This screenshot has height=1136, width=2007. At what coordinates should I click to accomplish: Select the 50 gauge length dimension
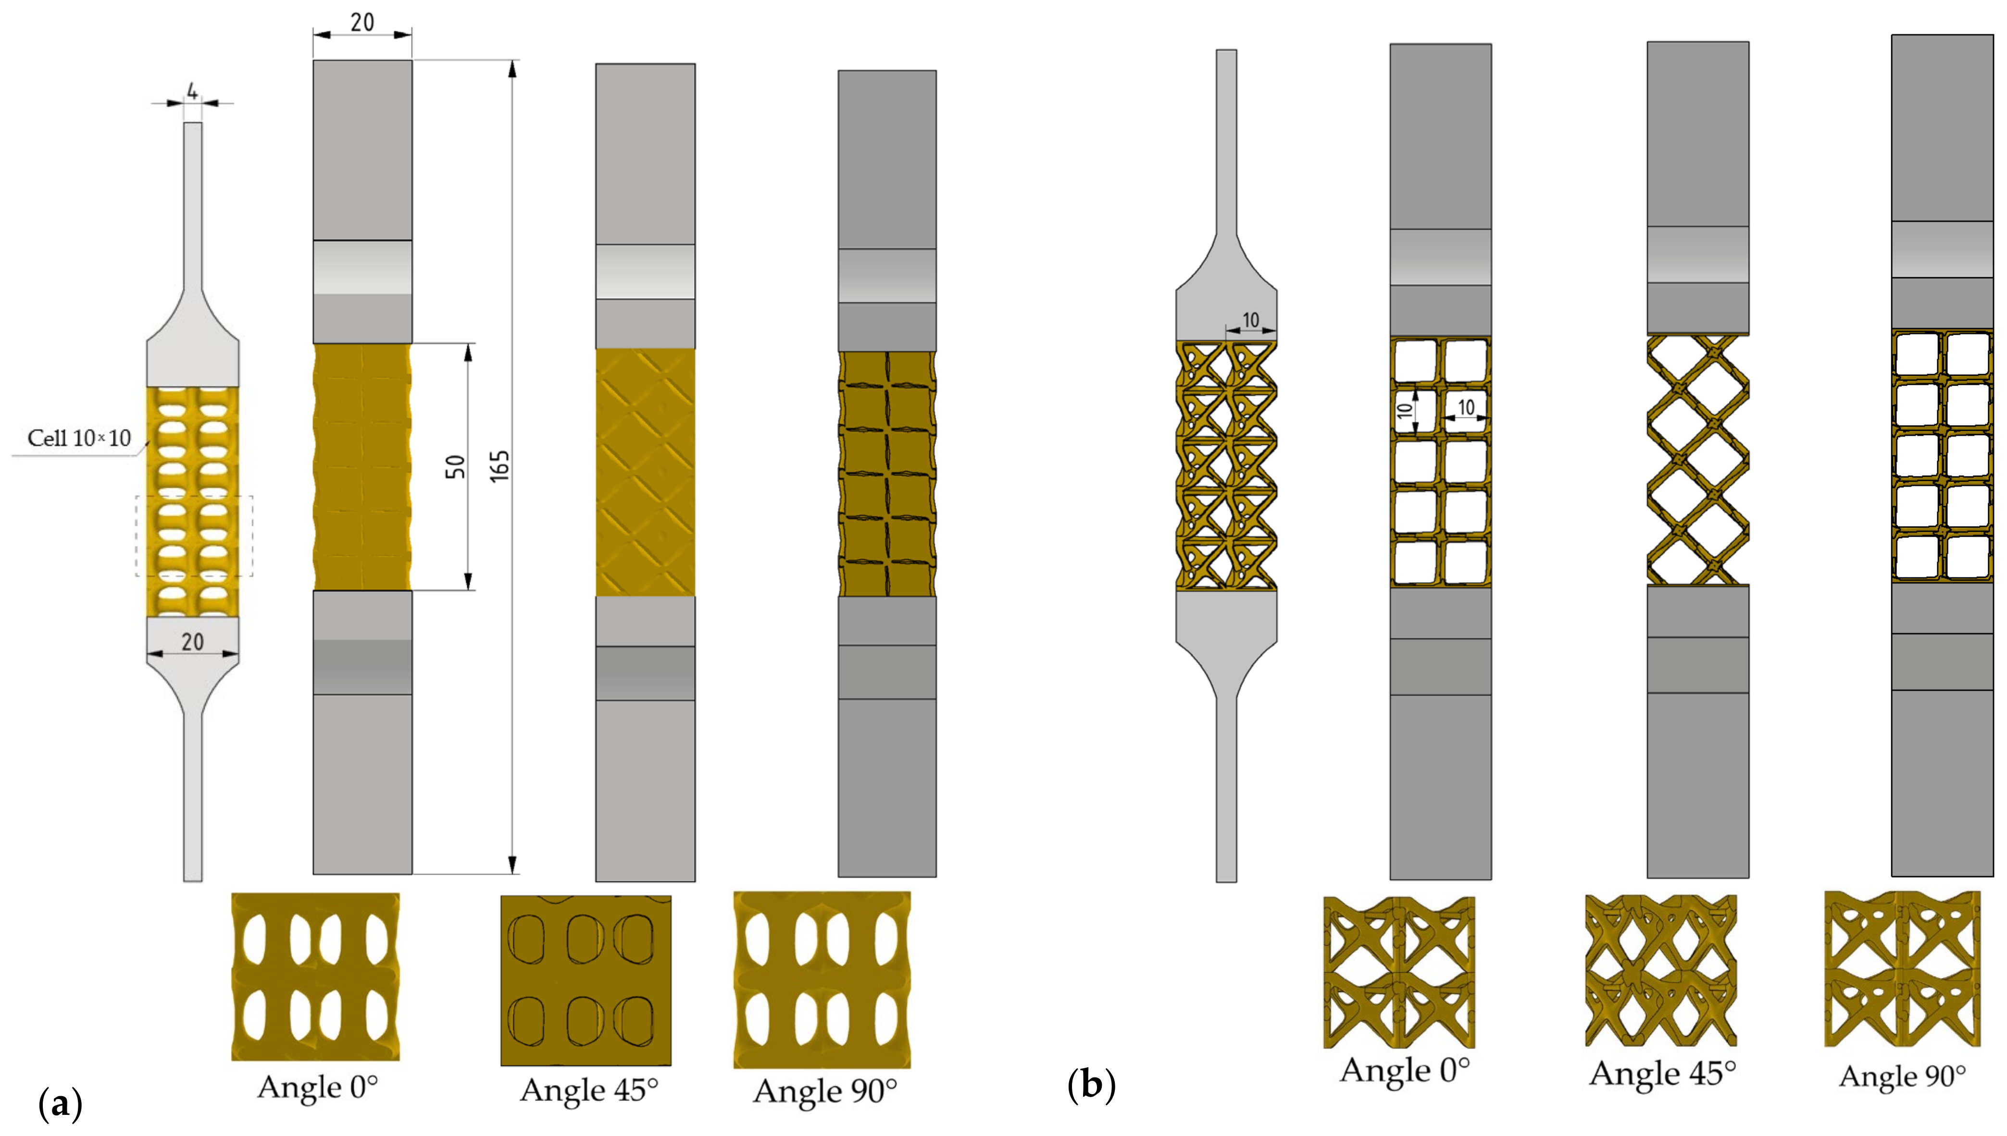455,466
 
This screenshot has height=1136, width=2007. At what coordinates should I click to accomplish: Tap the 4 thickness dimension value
192,92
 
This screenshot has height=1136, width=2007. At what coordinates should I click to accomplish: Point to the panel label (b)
1091,1085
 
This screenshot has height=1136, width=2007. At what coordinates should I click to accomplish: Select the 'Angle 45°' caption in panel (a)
588,1090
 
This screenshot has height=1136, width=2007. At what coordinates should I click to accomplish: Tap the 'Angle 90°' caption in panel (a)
824,1091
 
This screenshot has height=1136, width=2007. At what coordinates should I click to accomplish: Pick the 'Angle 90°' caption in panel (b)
1902,1076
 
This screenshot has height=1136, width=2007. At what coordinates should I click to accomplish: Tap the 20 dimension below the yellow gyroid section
192,641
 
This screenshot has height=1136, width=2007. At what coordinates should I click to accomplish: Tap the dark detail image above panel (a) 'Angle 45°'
586,980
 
